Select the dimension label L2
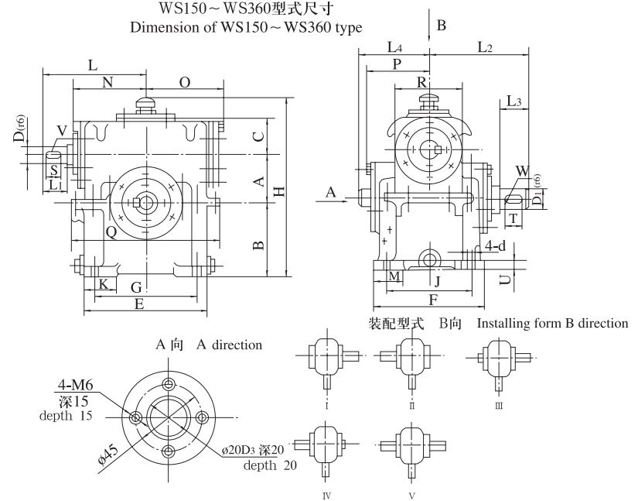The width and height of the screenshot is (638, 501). pyautogui.click(x=485, y=48)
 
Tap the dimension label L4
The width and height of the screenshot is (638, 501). pyautogui.click(x=394, y=48)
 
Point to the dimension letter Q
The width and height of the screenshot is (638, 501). pyautogui.click(x=111, y=231)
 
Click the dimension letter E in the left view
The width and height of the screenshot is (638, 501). pyautogui.click(x=139, y=304)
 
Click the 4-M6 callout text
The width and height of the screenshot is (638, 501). pyautogui.click(x=77, y=385)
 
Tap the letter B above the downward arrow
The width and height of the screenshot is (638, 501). pyautogui.click(x=442, y=26)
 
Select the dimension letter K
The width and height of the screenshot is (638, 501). pyautogui.click(x=102, y=285)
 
